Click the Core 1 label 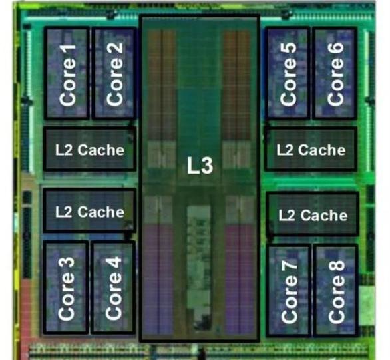67,75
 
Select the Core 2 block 114,73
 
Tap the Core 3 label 66,288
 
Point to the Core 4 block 113,287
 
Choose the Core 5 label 288,74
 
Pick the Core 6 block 335,73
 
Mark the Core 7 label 290,292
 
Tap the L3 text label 200,166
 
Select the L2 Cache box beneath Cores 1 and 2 90,149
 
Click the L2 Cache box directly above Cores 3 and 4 90,211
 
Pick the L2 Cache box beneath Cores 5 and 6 311,149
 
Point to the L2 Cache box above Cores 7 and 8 313,214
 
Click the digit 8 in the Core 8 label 337,269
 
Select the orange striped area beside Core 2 162,85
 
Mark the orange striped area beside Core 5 237,85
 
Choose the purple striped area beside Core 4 158,278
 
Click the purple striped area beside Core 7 240,278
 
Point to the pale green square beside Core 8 367,306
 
